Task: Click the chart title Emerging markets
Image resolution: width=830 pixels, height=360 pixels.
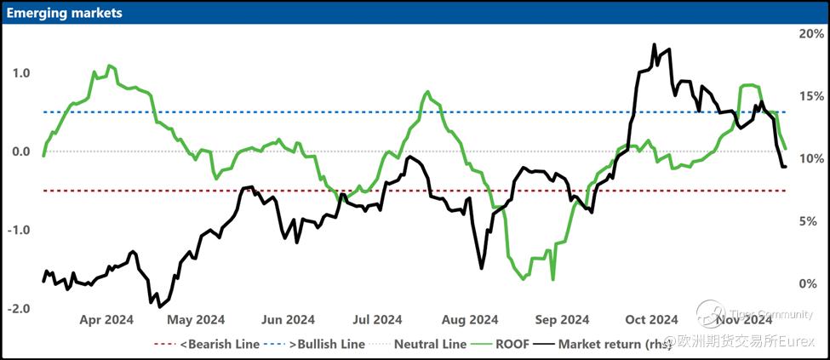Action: point(65,13)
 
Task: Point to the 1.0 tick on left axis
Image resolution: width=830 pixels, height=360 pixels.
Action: point(20,73)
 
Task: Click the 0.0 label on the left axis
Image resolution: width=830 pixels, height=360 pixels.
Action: point(20,151)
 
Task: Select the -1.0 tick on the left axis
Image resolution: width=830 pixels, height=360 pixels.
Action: point(18,230)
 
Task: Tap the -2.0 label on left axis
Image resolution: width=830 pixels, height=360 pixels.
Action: point(18,308)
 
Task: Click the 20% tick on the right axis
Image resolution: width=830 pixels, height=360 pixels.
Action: point(808,33)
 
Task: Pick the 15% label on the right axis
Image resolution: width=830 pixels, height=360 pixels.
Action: point(808,96)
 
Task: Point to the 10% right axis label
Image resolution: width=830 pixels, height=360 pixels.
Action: point(808,158)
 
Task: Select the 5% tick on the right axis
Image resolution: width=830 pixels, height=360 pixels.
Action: point(811,221)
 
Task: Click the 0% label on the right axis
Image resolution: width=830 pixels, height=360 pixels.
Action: point(811,283)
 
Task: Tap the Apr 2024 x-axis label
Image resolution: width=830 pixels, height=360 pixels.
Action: point(106,320)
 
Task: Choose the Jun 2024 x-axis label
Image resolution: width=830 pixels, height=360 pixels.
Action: point(288,320)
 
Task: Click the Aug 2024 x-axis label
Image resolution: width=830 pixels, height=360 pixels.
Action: point(471,320)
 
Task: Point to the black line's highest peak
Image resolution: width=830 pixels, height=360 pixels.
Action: point(654,45)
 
